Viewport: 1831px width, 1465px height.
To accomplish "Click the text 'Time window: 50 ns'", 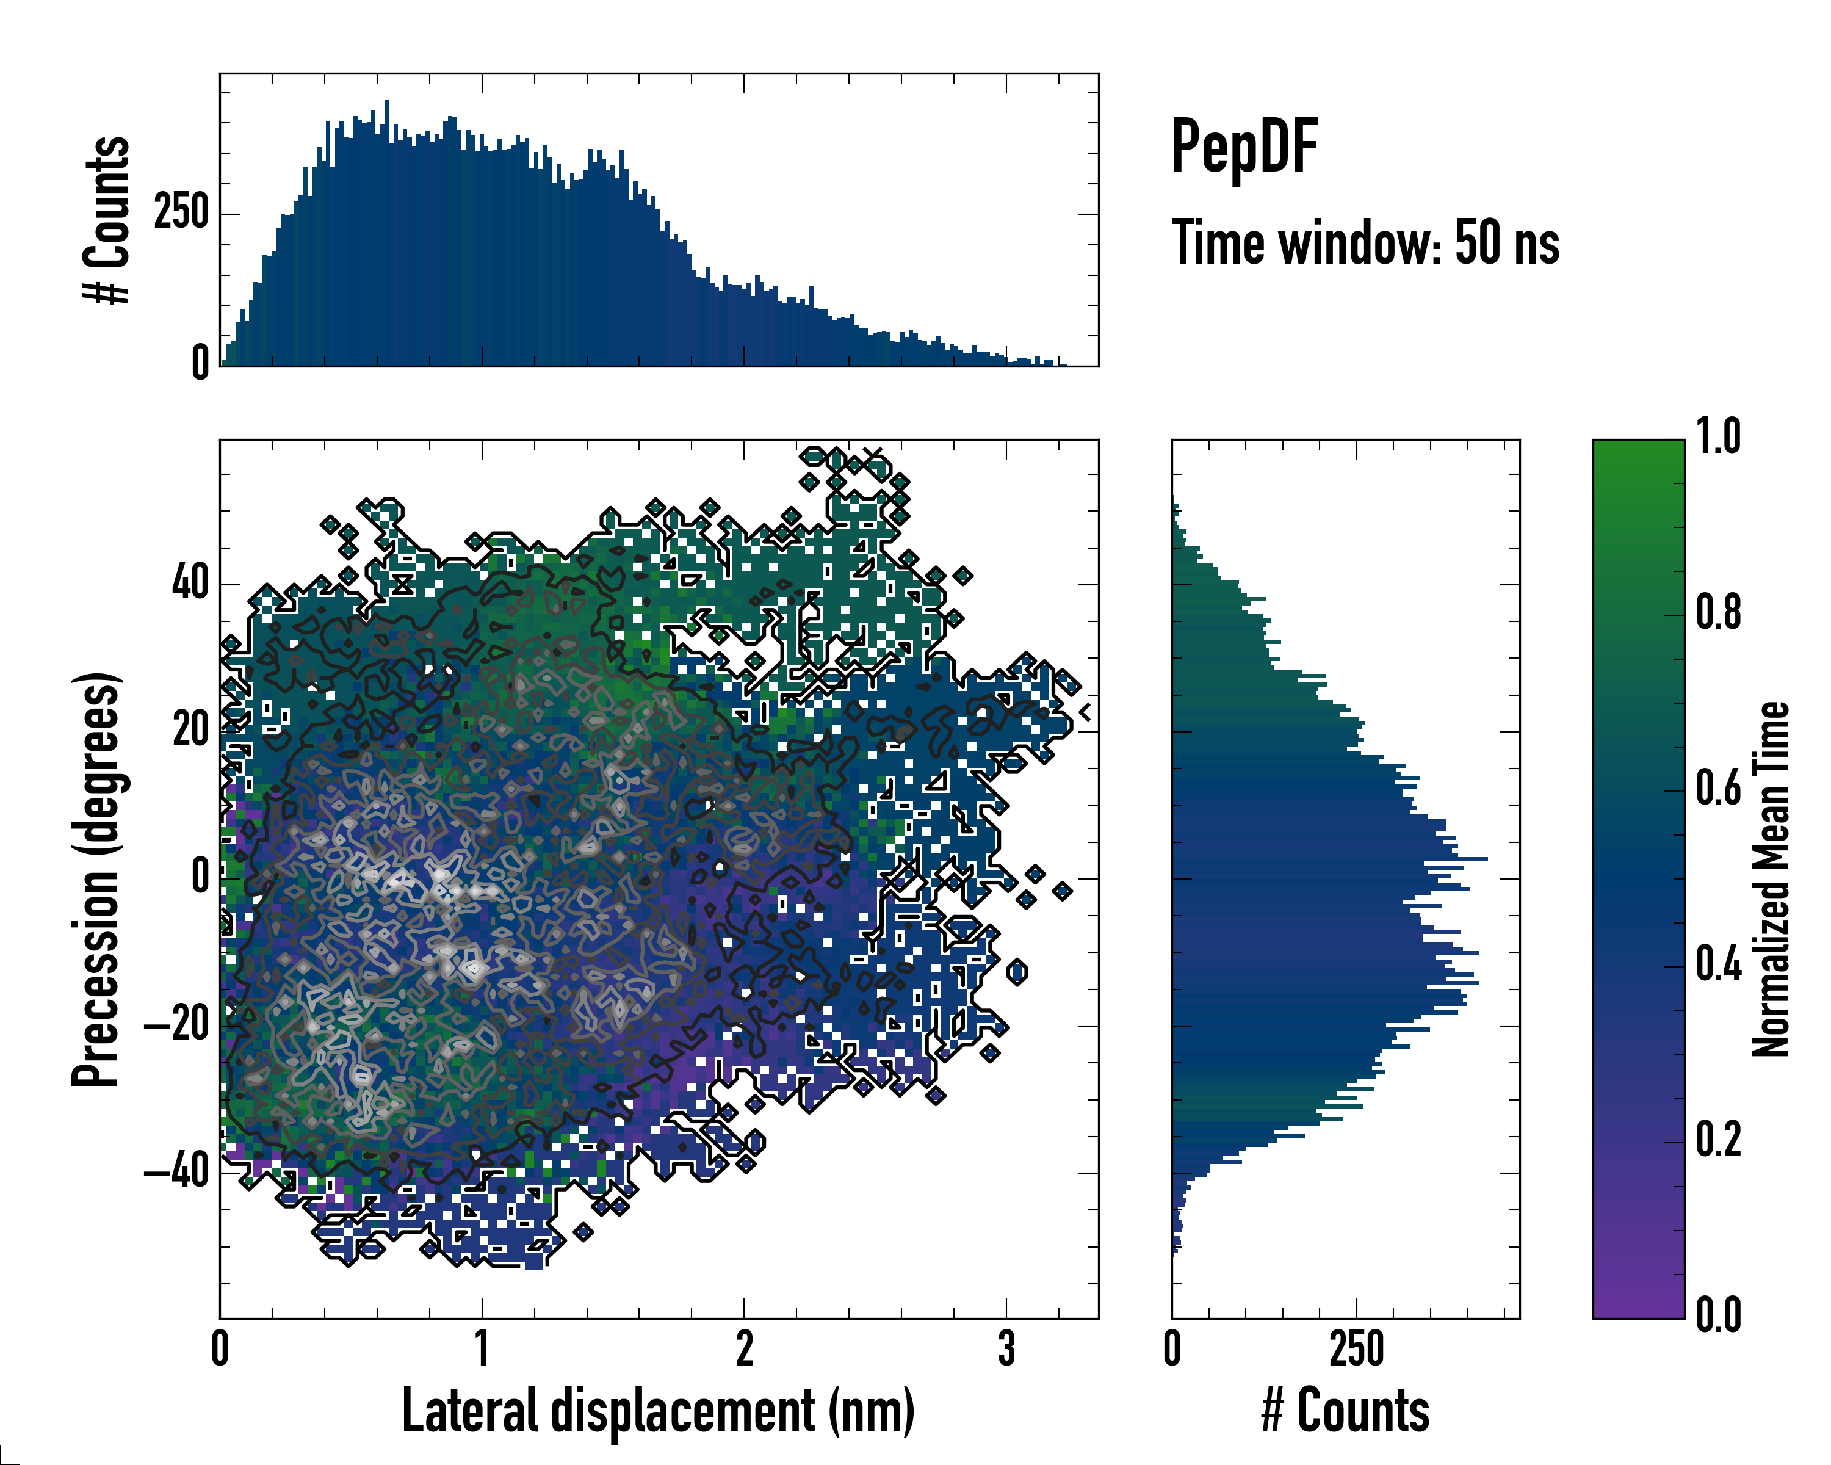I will pyautogui.click(x=1365, y=243).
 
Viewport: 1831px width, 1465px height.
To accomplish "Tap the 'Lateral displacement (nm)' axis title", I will pyautogui.click(x=658, y=1411).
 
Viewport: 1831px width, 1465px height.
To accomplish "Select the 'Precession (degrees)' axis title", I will pyautogui.click(x=96, y=879).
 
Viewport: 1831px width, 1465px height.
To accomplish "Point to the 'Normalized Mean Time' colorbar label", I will pyautogui.click(x=1770, y=879).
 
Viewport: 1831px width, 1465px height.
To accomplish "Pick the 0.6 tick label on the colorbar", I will pyautogui.click(x=1718, y=788).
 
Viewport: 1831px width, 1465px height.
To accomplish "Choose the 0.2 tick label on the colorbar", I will pyautogui.click(x=1718, y=1140).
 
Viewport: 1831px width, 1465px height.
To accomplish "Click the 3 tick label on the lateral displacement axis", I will pyautogui.click(x=1006, y=1348).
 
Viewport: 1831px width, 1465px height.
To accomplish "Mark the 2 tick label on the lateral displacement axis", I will pyautogui.click(x=744, y=1348).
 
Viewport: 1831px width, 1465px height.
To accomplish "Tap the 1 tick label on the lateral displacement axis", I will pyautogui.click(x=482, y=1348).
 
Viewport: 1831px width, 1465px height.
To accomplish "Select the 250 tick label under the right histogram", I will pyautogui.click(x=1356, y=1348).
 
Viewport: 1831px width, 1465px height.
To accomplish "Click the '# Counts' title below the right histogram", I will pyautogui.click(x=1345, y=1411).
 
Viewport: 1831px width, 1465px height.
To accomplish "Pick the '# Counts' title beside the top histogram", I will pyautogui.click(x=107, y=219).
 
